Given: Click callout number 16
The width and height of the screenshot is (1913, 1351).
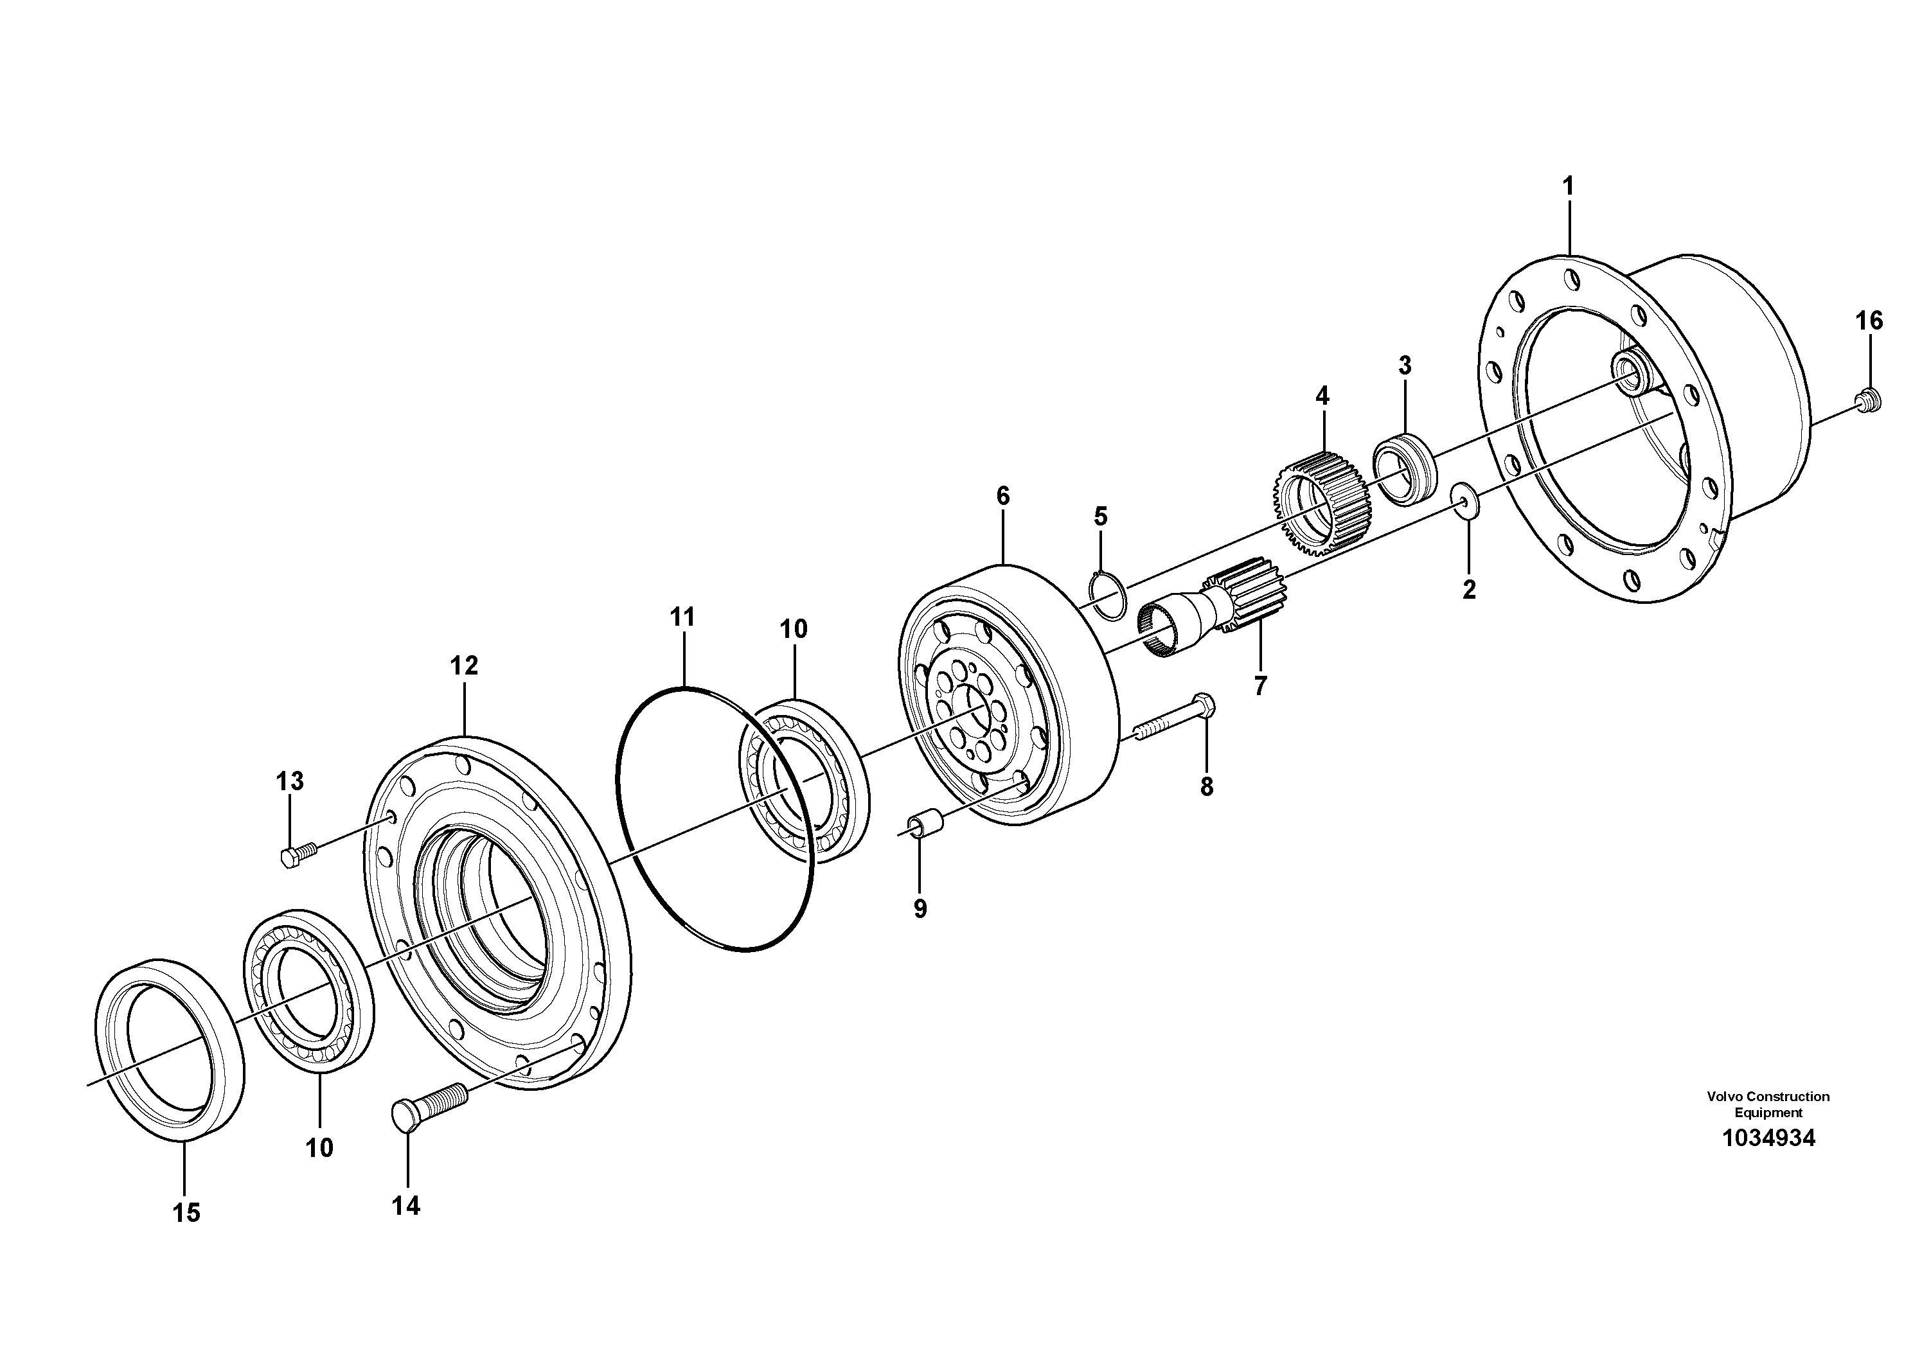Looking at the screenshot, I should click(1869, 321).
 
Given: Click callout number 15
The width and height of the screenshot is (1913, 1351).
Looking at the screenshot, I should click(186, 1213).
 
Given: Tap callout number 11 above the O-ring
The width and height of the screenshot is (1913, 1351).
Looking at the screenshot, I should click(682, 618).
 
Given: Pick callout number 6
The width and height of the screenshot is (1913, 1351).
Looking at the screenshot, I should click(1002, 497).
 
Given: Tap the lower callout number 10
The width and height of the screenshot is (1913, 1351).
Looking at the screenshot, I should click(319, 1148).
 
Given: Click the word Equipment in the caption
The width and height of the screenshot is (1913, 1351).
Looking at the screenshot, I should click(1768, 1113).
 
